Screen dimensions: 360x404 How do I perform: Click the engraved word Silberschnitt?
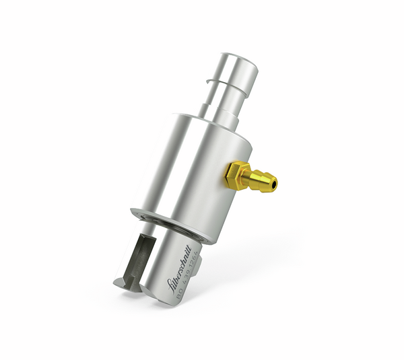(x=178, y=274)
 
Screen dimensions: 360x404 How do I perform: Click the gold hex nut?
(x=236, y=176)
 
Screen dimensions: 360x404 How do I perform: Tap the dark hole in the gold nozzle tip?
(x=273, y=182)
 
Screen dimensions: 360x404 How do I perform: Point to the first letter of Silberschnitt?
(x=171, y=287)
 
